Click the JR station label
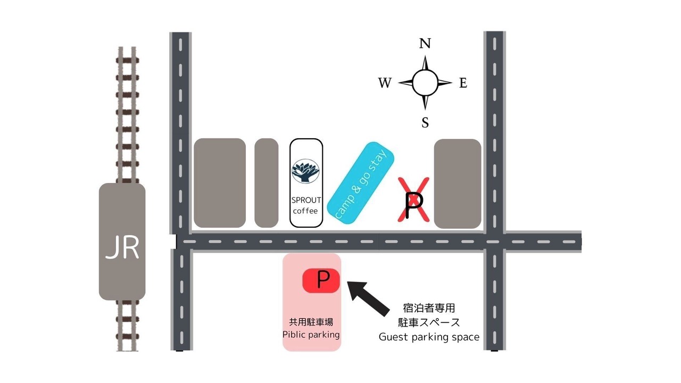click(x=122, y=248)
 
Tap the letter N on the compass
click(x=425, y=44)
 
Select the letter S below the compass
click(x=425, y=122)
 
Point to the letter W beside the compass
click(x=385, y=82)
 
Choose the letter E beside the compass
click(x=463, y=83)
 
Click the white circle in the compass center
click(x=425, y=82)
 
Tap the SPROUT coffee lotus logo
click(x=305, y=171)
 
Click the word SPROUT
click(x=306, y=200)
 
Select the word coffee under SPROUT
click(x=305, y=211)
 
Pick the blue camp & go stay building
click(x=361, y=183)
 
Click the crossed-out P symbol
click(x=414, y=199)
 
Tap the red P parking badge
click(x=321, y=281)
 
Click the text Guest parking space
click(x=429, y=337)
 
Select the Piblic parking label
click(x=311, y=335)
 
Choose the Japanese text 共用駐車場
click(x=311, y=322)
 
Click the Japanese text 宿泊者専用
click(x=429, y=308)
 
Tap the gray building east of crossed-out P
click(x=458, y=184)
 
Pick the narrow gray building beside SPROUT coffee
click(x=267, y=182)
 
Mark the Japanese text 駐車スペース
click(x=429, y=322)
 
